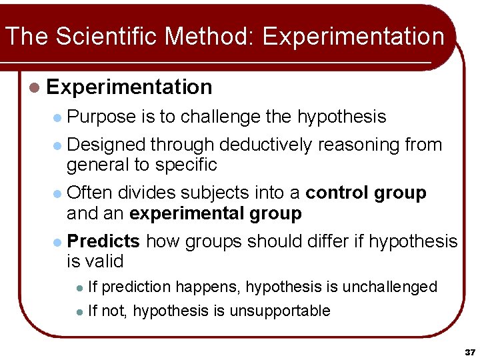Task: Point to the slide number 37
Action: click(x=470, y=351)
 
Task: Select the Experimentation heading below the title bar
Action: click(x=129, y=87)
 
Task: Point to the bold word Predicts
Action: click(x=103, y=241)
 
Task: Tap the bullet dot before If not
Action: click(x=79, y=311)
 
